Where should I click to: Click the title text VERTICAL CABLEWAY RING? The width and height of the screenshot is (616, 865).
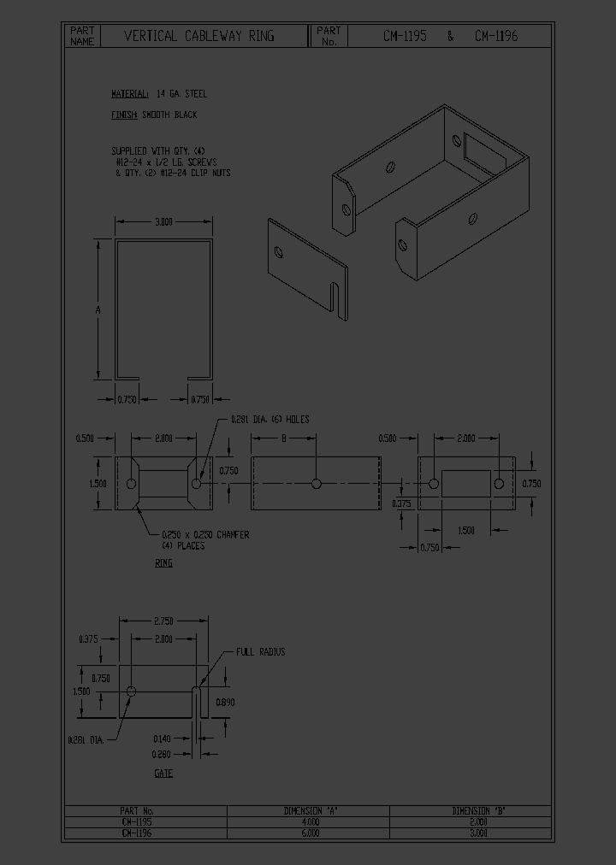pos(199,36)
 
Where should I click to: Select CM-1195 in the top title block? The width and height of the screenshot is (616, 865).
pos(405,36)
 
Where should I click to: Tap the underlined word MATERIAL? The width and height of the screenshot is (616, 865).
pos(130,94)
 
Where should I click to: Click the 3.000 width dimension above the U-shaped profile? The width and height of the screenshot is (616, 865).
pos(163,221)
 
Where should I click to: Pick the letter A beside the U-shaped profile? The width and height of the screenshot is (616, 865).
pos(98,309)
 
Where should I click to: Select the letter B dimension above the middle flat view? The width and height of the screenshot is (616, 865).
pos(284,438)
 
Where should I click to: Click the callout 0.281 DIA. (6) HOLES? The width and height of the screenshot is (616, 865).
pos(269,420)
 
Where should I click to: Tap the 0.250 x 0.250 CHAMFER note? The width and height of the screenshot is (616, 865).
pos(205,535)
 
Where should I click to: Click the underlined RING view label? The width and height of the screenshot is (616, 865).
pos(163,563)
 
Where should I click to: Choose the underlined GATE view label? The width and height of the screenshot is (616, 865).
pos(163,774)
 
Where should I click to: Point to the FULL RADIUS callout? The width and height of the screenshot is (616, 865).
pos(261,652)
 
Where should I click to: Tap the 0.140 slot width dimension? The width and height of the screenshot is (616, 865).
pos(163,738)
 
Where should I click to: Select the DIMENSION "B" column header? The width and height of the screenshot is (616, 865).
pos(479,810)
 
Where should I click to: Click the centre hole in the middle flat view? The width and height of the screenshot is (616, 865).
pos(317,484)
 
